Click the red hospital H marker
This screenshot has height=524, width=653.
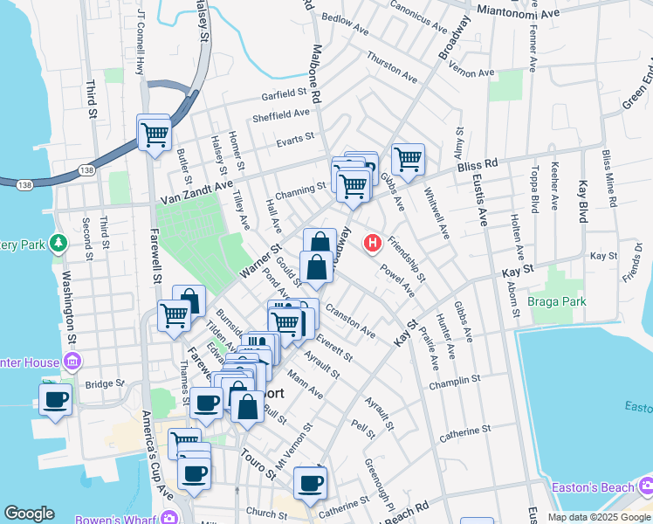(374, 242)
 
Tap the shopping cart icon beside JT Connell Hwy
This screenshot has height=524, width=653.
(155, 135)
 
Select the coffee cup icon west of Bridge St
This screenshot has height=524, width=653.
(56, 400)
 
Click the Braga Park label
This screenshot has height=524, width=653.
(557, 302)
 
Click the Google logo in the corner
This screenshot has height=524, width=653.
(30, 514)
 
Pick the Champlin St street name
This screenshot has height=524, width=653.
(455, 382)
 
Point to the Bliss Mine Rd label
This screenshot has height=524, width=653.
(608, 183)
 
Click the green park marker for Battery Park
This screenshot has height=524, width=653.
(58, 242)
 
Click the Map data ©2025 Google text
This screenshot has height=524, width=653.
(599, 517)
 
